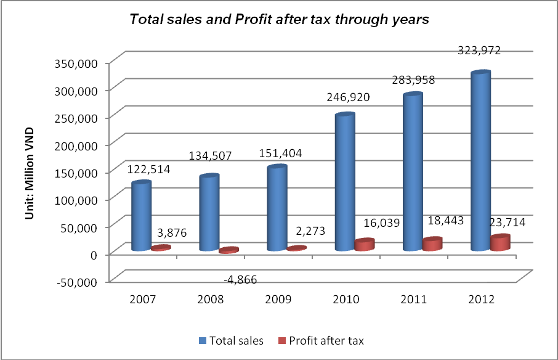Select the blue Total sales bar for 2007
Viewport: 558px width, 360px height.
[x=142, y=216]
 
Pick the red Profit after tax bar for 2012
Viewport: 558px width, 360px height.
[x=501, y=243]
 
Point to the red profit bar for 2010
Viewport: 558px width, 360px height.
[x=365, y=245]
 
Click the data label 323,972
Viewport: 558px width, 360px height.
[x=480, y=51]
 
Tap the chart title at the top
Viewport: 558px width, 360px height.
[x=278, y=19]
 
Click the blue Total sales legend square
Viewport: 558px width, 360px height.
[x=203, y=340]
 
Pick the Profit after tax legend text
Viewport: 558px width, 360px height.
[x=327, y=340]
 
